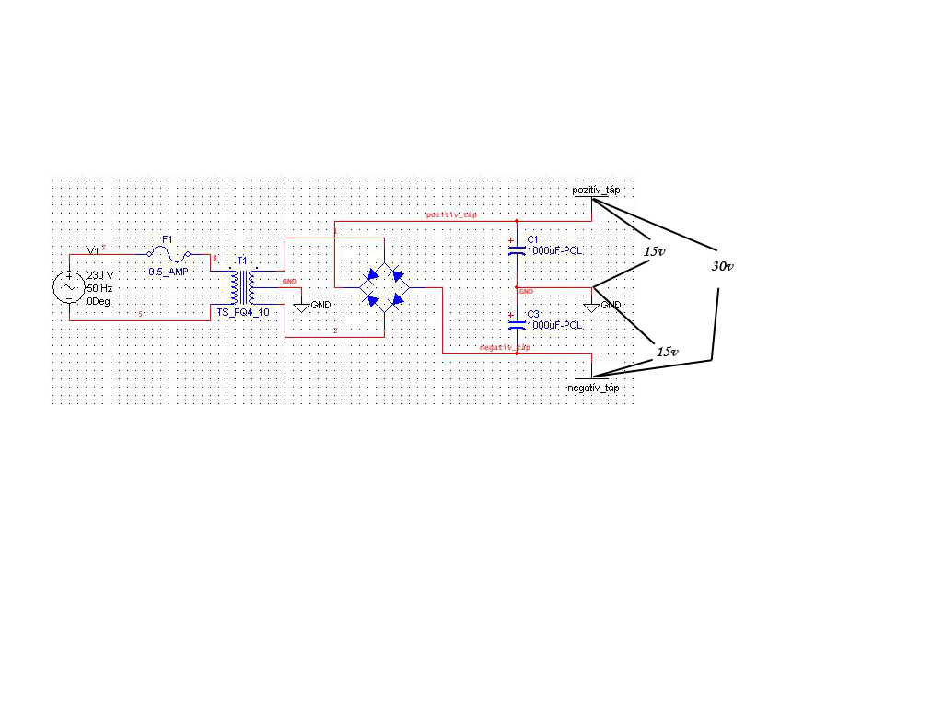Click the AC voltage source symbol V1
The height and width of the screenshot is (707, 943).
(69, 286)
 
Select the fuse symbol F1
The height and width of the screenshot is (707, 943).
(169, 253)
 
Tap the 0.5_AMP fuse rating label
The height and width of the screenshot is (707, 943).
(168, 272)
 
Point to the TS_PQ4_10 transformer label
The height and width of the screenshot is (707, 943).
(243, 313)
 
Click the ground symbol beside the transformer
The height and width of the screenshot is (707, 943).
(301, 306)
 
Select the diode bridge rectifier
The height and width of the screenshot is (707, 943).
(384, 285)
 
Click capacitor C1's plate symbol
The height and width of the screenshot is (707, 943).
(517, 249)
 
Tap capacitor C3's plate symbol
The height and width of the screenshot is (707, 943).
(517, 324)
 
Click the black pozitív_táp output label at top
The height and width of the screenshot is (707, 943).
(596, 190)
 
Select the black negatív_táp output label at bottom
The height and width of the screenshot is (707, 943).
(594, 388)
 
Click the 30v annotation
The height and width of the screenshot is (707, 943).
(722, 266)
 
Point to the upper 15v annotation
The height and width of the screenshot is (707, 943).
(654, 251)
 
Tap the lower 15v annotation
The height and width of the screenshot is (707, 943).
(667, 352)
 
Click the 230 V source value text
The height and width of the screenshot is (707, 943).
(99, 275)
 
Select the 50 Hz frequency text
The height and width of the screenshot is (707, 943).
(99, 288)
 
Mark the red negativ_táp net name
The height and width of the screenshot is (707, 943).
(506, 348)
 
